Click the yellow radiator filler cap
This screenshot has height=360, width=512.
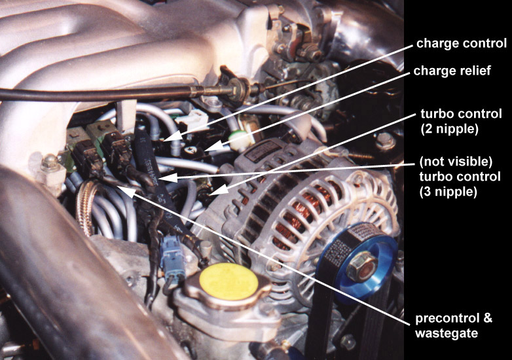229,281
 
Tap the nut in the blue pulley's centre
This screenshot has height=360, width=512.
362,266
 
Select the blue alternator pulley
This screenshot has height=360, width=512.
358,261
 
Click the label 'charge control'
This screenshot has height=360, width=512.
462,43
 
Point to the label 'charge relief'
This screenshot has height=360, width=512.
452,71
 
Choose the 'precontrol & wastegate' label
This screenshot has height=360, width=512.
454,325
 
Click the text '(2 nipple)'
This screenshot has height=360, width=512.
450,129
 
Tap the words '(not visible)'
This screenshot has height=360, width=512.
456,161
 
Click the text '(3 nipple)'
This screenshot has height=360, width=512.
448,191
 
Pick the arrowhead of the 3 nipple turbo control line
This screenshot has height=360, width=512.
168,178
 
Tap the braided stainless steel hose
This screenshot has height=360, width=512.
86,206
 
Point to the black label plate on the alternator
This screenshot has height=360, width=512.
263,151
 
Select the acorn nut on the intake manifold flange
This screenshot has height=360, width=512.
50,162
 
